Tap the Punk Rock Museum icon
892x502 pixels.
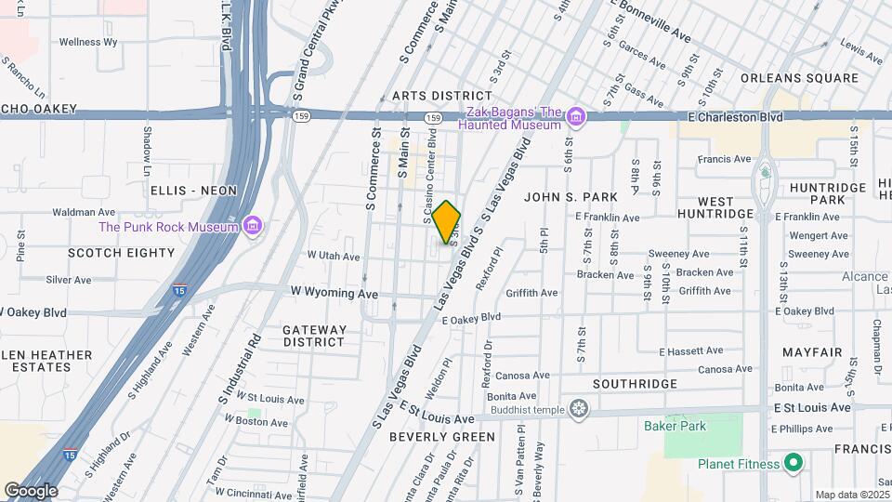click(x=251, y=226)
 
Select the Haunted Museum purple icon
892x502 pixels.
click(x=576, y=117)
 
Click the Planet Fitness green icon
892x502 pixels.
click(x=793, y=462)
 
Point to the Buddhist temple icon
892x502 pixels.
click(x=580, y=409)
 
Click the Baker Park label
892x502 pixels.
click(x=675, y=427)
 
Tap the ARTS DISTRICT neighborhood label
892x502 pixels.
click(x=441, y=96)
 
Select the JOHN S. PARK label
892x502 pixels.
click(x=571, y=197)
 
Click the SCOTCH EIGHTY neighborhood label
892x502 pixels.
click(x=122, y=252)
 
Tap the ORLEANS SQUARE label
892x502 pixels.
click(x=799, y=78)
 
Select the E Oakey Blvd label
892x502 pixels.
click(x=471, y=318)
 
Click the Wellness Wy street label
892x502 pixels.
click(x=88, y=42)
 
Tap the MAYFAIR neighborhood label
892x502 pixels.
click(x=812, y=353)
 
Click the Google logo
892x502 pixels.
click(x=31, y=490)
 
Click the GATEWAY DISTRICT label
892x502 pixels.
click(x=314, y=336)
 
